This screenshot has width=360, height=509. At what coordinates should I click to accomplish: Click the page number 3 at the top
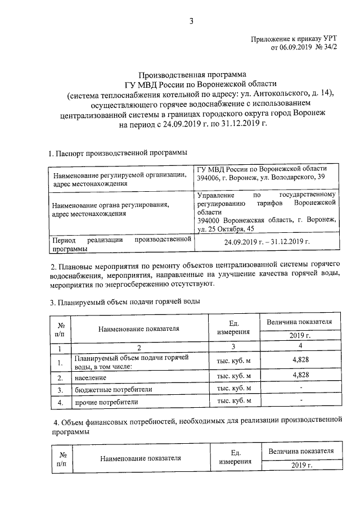(x=191, y=22)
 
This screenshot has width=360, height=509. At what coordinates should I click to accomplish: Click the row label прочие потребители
(x=106, y=402)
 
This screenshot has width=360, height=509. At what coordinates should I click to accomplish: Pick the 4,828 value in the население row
(x=301, y=375)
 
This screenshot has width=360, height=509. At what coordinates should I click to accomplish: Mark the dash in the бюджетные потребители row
(x=301, y=388)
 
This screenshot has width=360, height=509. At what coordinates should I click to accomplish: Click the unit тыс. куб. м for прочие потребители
(x=229, y=401)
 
